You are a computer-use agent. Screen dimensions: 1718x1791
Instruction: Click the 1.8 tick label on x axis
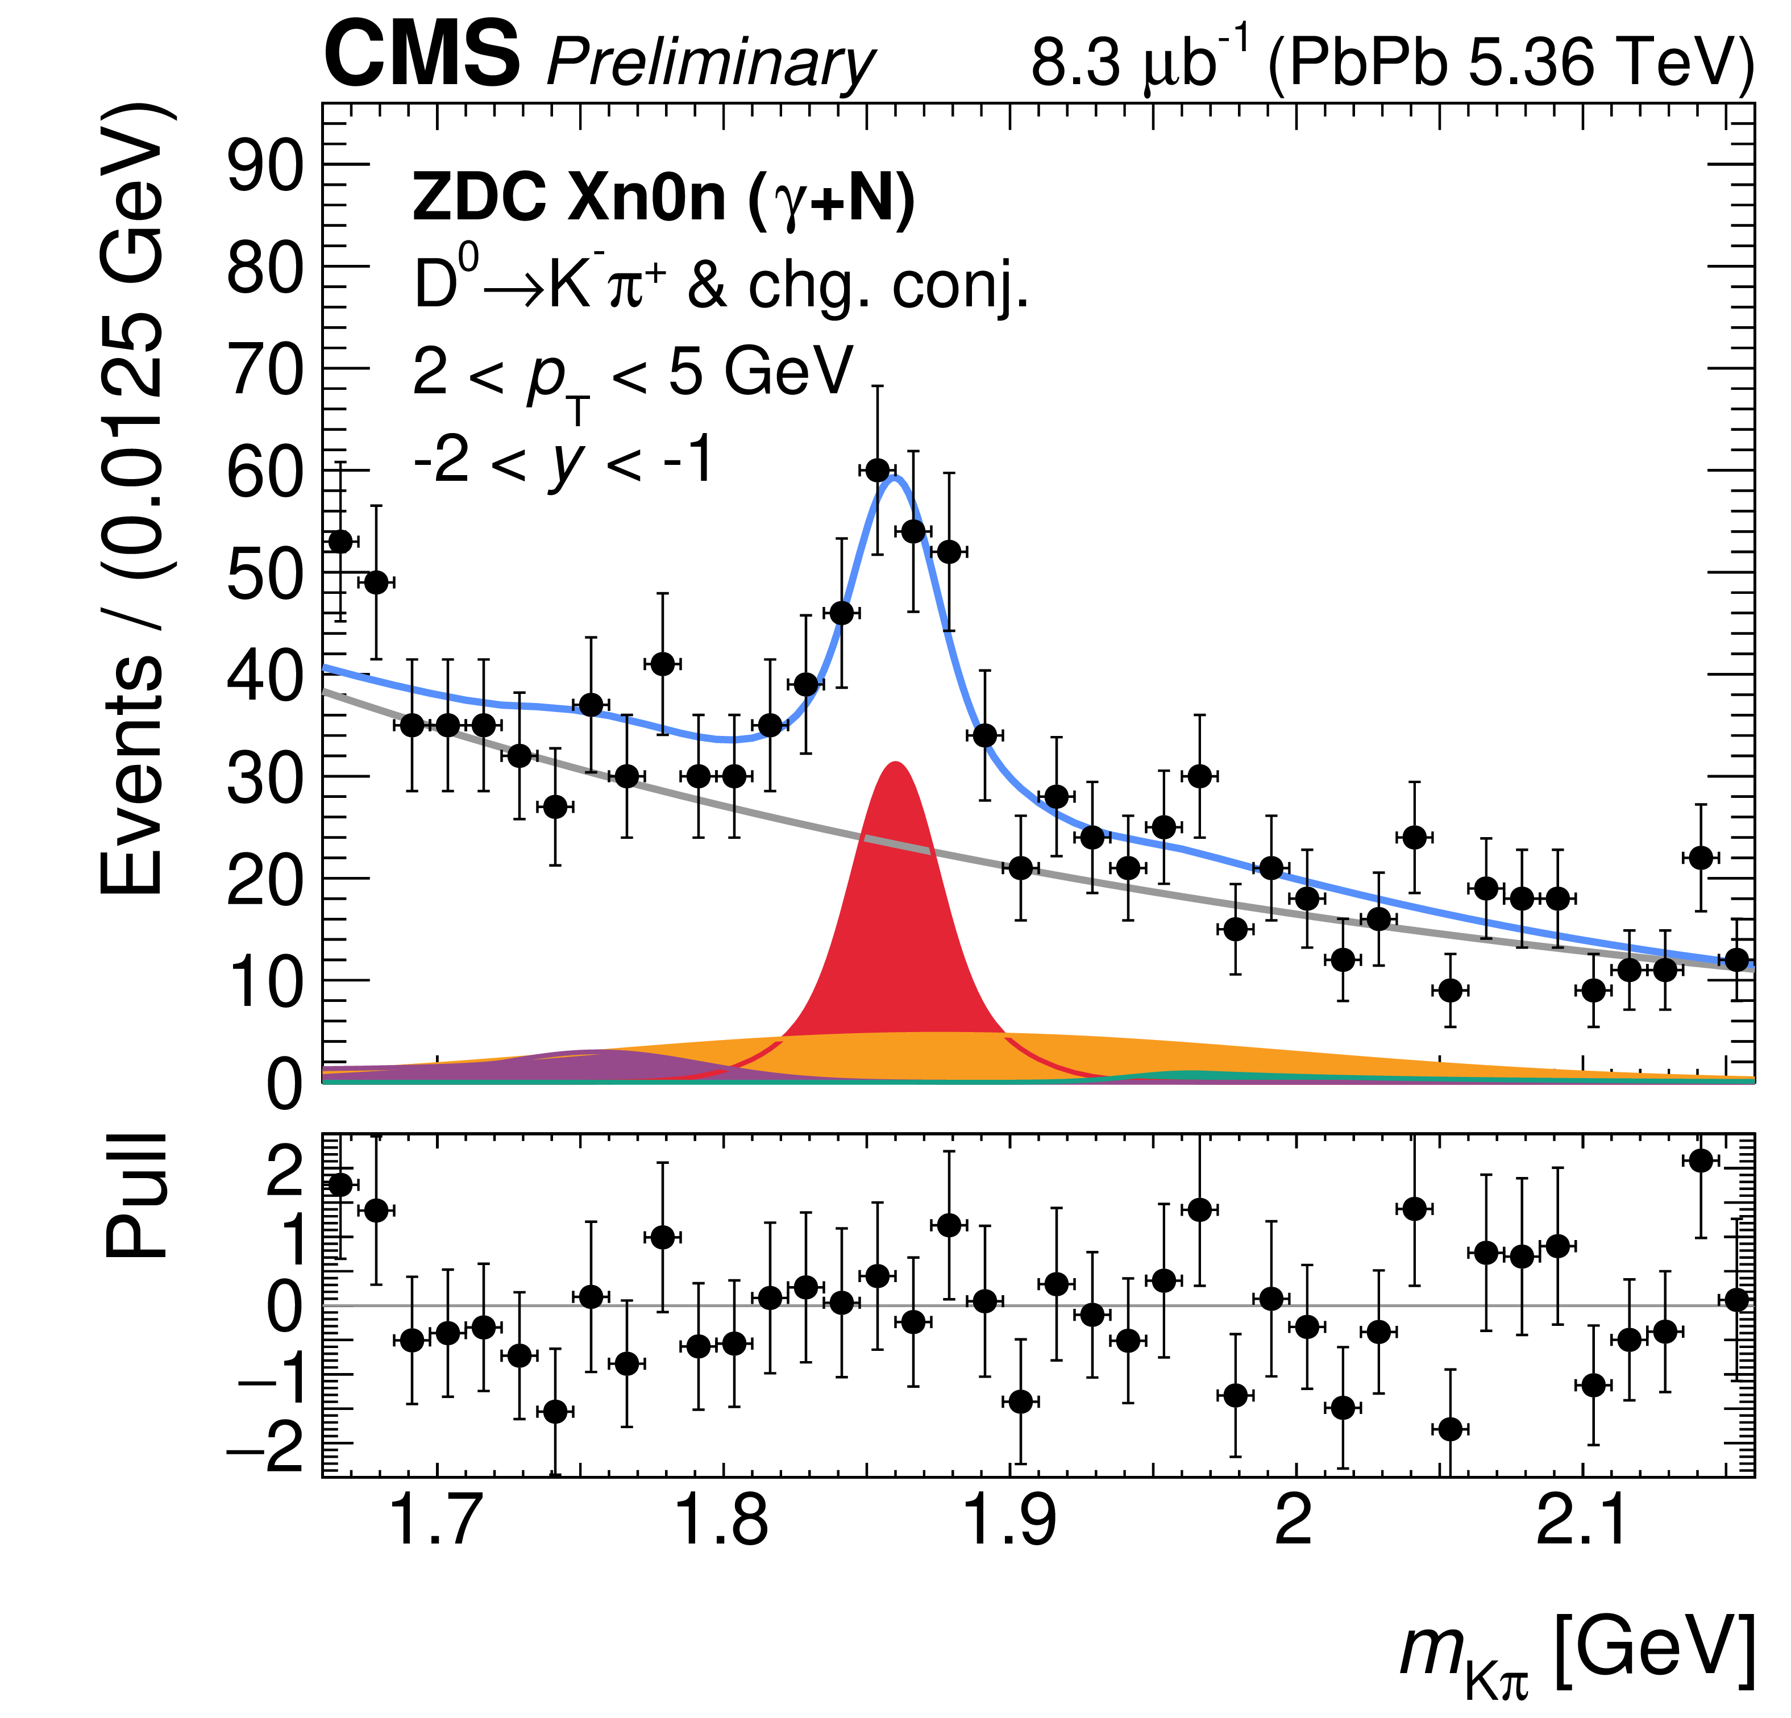722,1520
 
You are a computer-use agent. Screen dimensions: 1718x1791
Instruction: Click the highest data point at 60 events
877,471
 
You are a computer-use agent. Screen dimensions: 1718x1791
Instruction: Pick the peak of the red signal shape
896,764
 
